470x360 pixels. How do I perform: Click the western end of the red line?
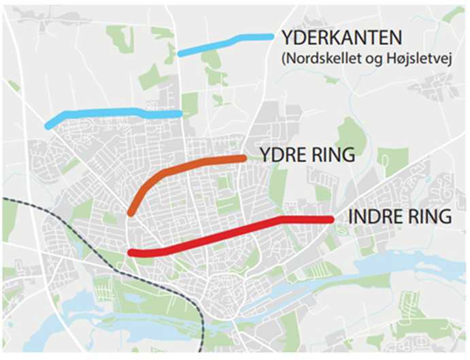point(131,253)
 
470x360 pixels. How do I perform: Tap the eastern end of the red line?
point(331,219)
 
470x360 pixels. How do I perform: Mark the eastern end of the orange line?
point(243,158)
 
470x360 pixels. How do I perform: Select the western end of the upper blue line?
point(180,52)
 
